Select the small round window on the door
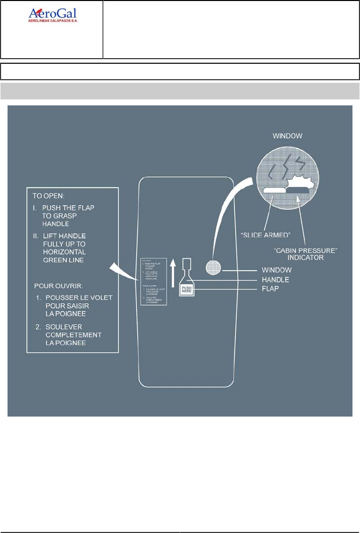(x=212, y=270)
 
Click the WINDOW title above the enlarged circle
(x=287, y=136)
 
